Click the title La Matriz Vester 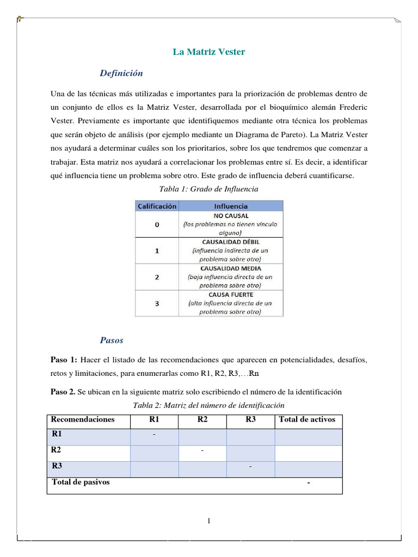coord(209,52)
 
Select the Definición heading coord(121,73)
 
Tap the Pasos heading coord(112,341)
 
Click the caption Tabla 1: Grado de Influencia coord(208,189)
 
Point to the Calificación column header coord(157,206)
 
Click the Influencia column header coord(230,206)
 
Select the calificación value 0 coord(157,225)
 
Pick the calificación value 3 coord(157,304)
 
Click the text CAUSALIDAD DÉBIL coord(230,242)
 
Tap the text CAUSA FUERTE coord(230,294)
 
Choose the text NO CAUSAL coord(230,215)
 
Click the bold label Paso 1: coord(65,360)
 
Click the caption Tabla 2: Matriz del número coord(208,405)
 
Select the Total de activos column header coord(307,419)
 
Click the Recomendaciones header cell coord(83,419)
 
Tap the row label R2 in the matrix coord(56,450)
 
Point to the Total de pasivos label coord(81,482)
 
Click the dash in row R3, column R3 coord(250,468)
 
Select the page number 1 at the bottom coord(208,522)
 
